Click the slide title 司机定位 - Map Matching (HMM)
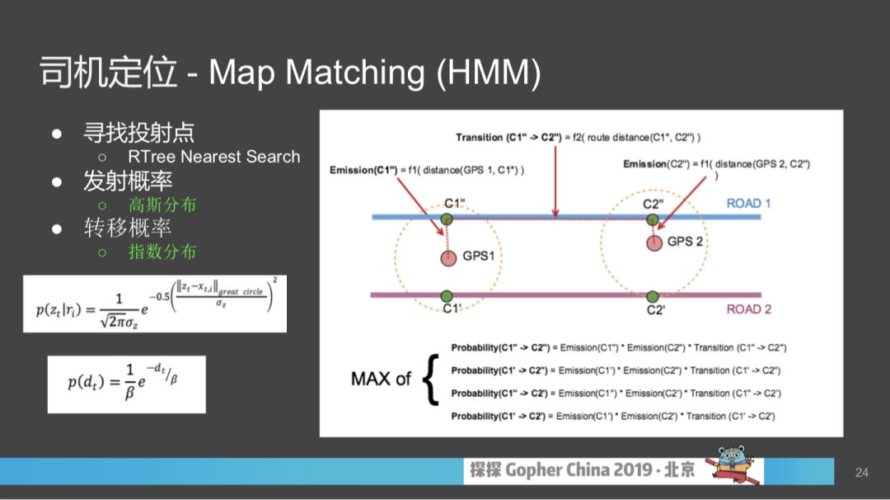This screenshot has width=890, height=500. [x=290, y=73]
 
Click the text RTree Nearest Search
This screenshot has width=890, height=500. [x=214, y=157]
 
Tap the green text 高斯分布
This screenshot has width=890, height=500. [x=162, y=205]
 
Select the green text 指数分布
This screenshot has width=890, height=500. [x=162, y=252]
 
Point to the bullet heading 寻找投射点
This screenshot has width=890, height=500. [x=139, y=133]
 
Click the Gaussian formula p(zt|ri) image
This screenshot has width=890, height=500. [x=155, y=304]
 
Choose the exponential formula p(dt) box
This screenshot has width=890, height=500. [x=126, y=384]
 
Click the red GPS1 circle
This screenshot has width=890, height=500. [x=447, y=257]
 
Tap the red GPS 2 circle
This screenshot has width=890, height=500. [x=654, y=243]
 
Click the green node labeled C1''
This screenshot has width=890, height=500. [x=447, y=219]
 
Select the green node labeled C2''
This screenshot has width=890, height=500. [x=653, y=219]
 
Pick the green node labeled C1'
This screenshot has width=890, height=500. [x=447, y=295]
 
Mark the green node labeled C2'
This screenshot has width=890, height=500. [x=653, y=295]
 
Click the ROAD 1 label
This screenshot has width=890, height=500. [x=749, y=204]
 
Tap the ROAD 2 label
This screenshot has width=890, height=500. [x=749, y=309]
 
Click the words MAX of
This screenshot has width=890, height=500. [x=381, y=379]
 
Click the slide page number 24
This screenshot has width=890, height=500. [x=862, y=473]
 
